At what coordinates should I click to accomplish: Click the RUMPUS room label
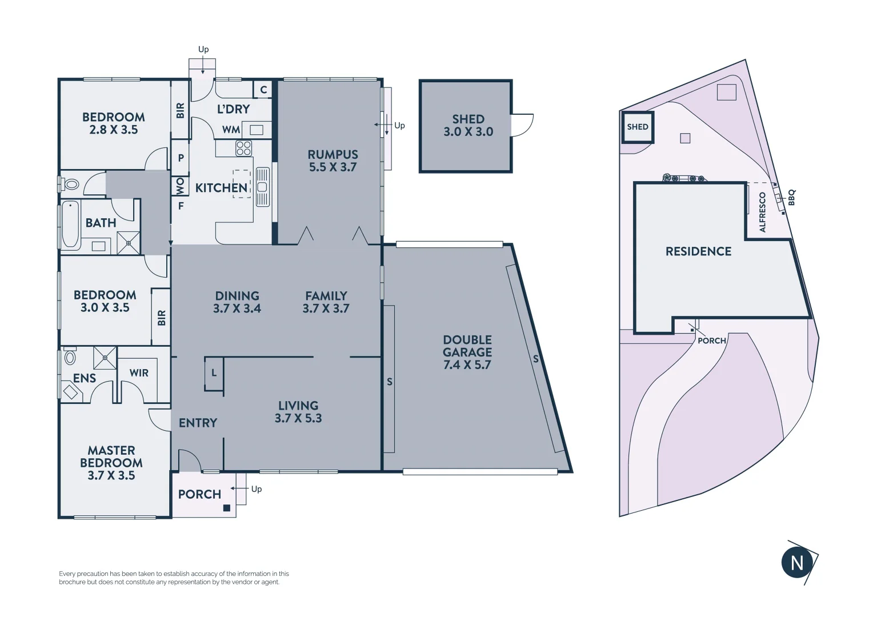(x=333, y=154)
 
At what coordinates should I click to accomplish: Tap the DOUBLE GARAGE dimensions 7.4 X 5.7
(x=467, y=365)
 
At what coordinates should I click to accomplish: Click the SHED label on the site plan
(x=638, y=127)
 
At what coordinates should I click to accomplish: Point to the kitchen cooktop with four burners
(x=244, y=148)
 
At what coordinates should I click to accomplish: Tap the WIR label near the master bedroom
(x=139, y=373)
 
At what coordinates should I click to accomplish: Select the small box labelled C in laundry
(x=263, y=90)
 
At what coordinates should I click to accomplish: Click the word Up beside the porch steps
(x=257, y=489)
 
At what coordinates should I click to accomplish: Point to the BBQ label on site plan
(x=791, y=198)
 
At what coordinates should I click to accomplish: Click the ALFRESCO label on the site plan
(x=762, y=212)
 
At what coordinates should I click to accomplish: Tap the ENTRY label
(x=198, y=423)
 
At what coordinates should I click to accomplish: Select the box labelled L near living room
(x=214, y=374)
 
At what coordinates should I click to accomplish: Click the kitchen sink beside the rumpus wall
(x=262, y=187)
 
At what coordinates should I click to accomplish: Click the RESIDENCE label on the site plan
(x=698, y=251)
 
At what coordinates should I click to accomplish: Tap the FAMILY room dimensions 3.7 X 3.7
(x=326, y=308)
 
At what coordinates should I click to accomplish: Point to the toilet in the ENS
(x=70, y=358)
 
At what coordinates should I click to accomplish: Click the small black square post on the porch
(x=226, y=507)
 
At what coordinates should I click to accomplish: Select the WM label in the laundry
(x=231, y=130)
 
